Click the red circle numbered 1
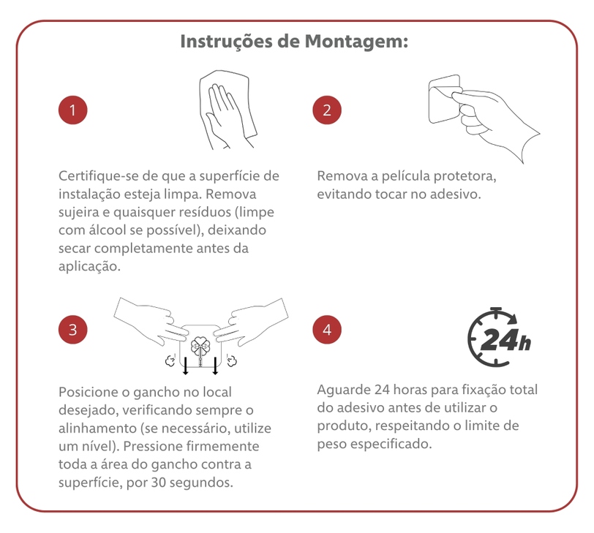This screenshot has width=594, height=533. tap(72, 110)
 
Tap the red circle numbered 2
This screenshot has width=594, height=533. tap(327, 110)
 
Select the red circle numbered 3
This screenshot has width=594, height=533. tap(72, 330)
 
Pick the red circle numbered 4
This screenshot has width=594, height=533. tap(327, 330)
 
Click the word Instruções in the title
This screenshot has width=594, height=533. tap(227, 42)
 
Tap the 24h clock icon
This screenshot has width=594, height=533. tap(499, 337)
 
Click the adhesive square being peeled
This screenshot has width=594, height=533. tap(444, 99)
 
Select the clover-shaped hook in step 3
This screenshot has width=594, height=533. tap(200, 347)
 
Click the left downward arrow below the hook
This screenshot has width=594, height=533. tap(185, 366)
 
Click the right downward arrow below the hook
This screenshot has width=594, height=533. tap(215, 366)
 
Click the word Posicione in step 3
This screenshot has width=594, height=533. tap(89, 392)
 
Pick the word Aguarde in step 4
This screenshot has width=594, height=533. tap(344, 390)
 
